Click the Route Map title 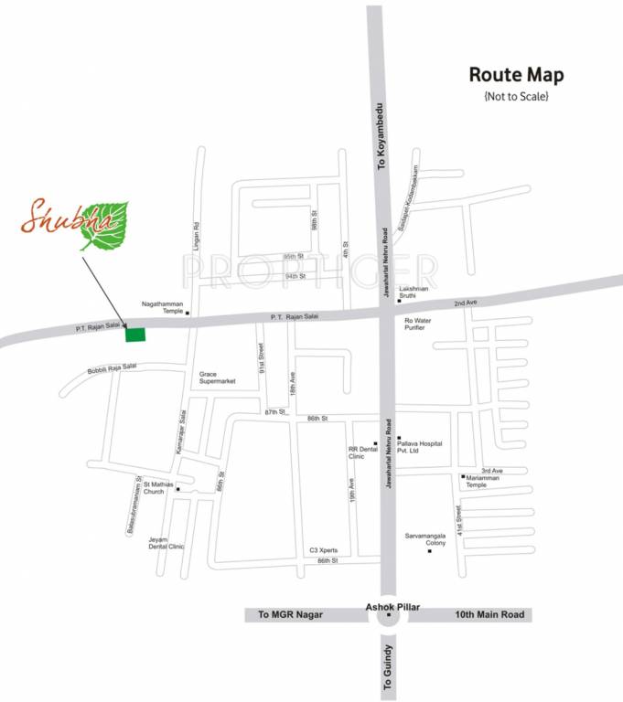(x=516, y=75)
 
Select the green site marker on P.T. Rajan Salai (x=134, y=334)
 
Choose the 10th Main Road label (x=489, y=615)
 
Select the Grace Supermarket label (x=218, y=378)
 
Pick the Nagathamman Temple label (x=161, y=307)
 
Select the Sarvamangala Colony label (x=425, y=539)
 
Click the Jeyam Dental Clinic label (x=166, y=543)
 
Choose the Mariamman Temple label (x=483, y=481)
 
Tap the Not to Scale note (x=516, y=95)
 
